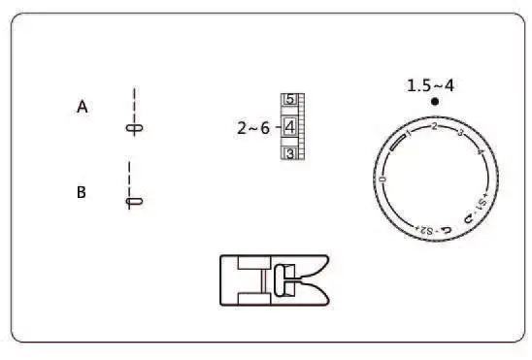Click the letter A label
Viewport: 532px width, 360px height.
click(x=83, y=108)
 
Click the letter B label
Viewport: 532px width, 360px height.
click(x=82, y=192)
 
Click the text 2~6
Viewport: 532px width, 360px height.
click(x=253, y=127)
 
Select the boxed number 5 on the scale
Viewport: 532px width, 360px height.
click(x=289, y=100)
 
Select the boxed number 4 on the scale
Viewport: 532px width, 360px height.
click(x=289, y=126)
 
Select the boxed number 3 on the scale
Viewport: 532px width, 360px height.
click(x=289, y=153)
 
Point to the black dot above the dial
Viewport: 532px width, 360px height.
click(x=435, y=101)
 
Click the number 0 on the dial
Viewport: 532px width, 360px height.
click(x=383, y=180)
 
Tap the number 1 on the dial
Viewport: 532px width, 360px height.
click(x=408, y=137)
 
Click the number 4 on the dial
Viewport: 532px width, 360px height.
click(x=481, y=152)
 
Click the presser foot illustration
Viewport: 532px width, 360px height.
click(x=274, y=280)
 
